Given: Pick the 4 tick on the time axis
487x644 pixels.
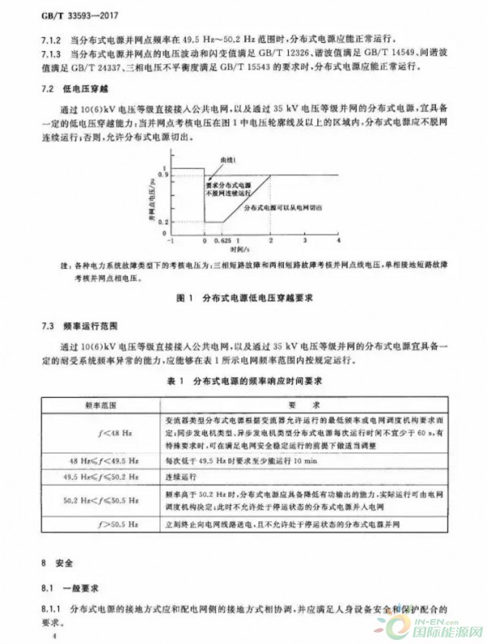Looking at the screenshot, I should pyautogui.click(x=337, y=242).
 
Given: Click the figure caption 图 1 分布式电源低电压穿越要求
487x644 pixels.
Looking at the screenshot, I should pyautogui.click(x=243, y=298).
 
